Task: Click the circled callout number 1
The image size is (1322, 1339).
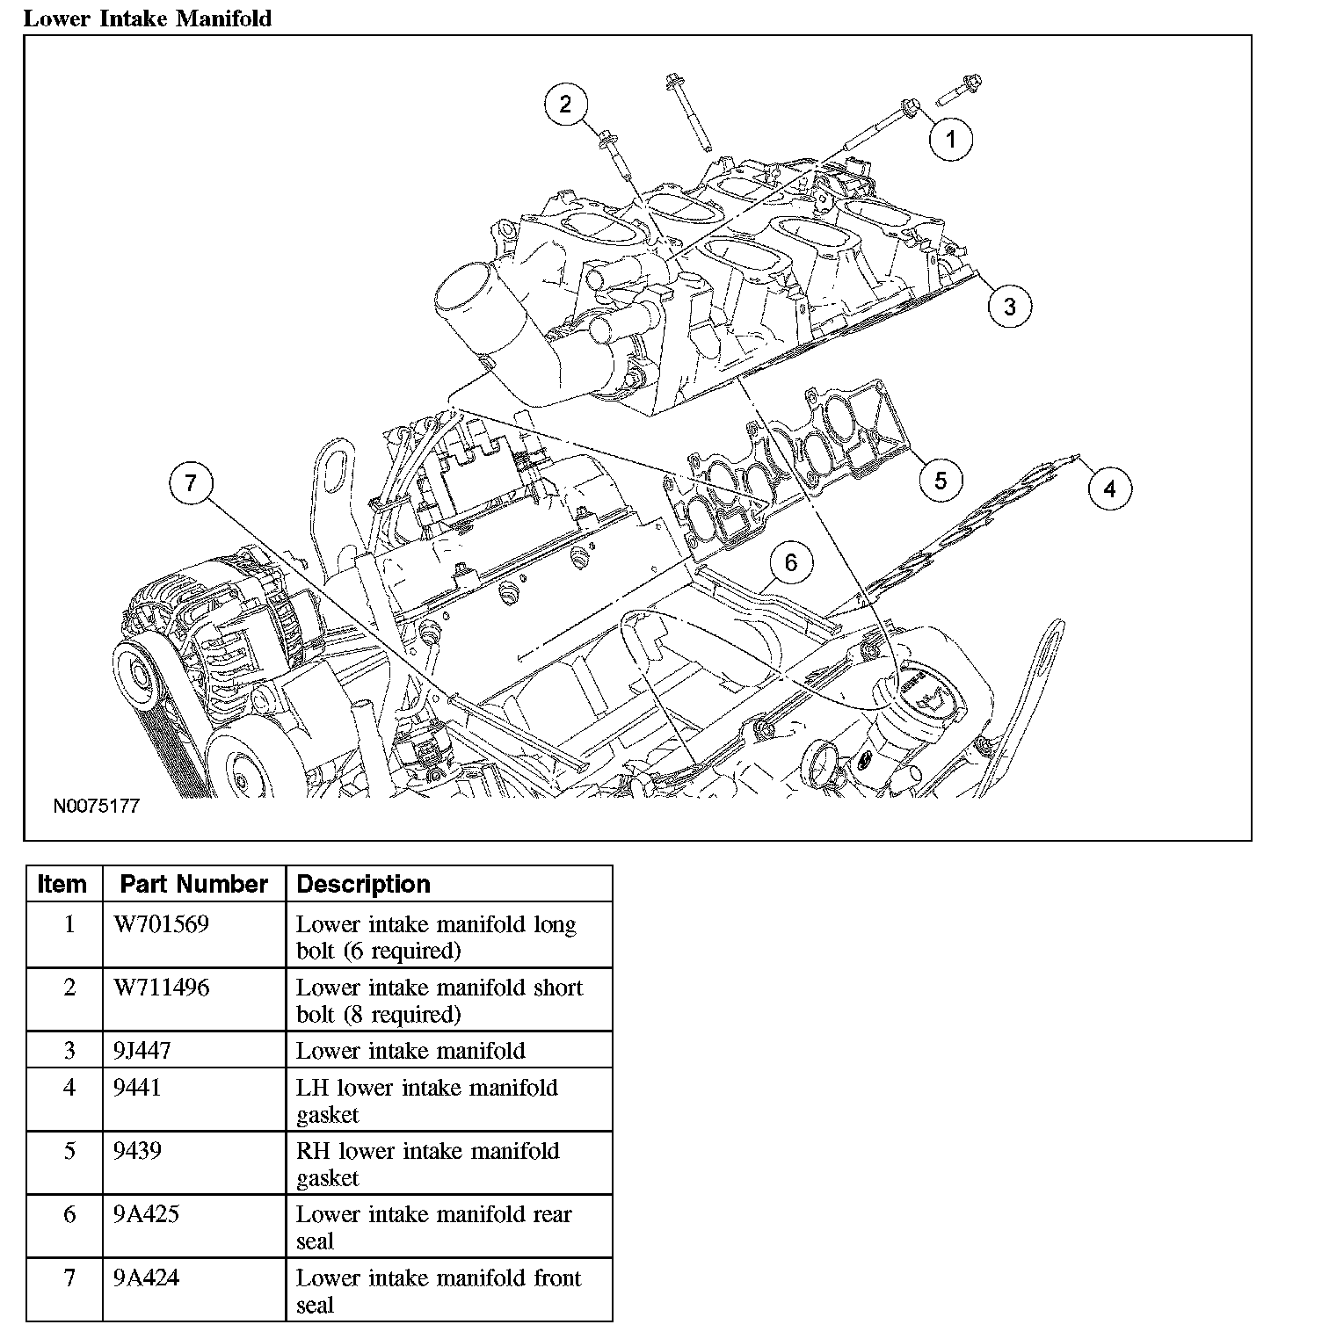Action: click(950, 138)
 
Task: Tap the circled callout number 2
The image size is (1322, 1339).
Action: click(565, 105)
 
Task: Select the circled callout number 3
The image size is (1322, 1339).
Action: click(1009, 306)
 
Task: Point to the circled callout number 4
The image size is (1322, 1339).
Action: click(1109, 488)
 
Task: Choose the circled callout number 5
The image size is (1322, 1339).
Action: click(941, 480)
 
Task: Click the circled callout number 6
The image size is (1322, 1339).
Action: click(790, 562)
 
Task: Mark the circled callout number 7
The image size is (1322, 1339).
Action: click(192, 482)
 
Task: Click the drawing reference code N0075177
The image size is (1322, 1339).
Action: click(97, 806)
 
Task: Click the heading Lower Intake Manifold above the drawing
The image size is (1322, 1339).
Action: click(148, 18)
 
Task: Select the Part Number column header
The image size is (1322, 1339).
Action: click(193, 884)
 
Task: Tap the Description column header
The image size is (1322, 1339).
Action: click(363, 884)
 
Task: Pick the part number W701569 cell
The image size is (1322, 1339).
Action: click(161, 924)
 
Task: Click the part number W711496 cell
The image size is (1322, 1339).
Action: click(161, 988)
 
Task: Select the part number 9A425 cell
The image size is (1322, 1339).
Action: click(148, 1214)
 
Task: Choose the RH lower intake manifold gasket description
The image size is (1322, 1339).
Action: click(427, 1163)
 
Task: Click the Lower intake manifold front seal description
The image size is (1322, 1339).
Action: click(438, 1290)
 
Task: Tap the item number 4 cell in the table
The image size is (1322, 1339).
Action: click(69, 1088)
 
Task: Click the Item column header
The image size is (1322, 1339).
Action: click(62, 884)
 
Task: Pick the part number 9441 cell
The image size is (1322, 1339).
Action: click(137, 1088)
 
